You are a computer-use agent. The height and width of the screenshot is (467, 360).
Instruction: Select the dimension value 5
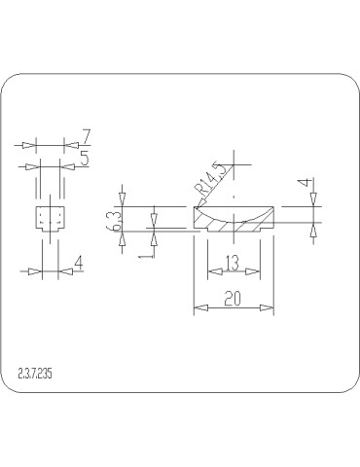86,158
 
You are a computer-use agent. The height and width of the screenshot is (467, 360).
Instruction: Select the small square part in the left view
48,217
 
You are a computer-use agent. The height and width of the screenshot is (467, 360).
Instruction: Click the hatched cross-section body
234,224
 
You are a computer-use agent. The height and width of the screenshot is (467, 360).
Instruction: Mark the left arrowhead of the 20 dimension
198,308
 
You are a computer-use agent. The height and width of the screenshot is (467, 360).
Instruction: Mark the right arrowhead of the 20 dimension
267,308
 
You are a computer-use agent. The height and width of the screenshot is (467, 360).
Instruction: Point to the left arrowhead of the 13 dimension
211,270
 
